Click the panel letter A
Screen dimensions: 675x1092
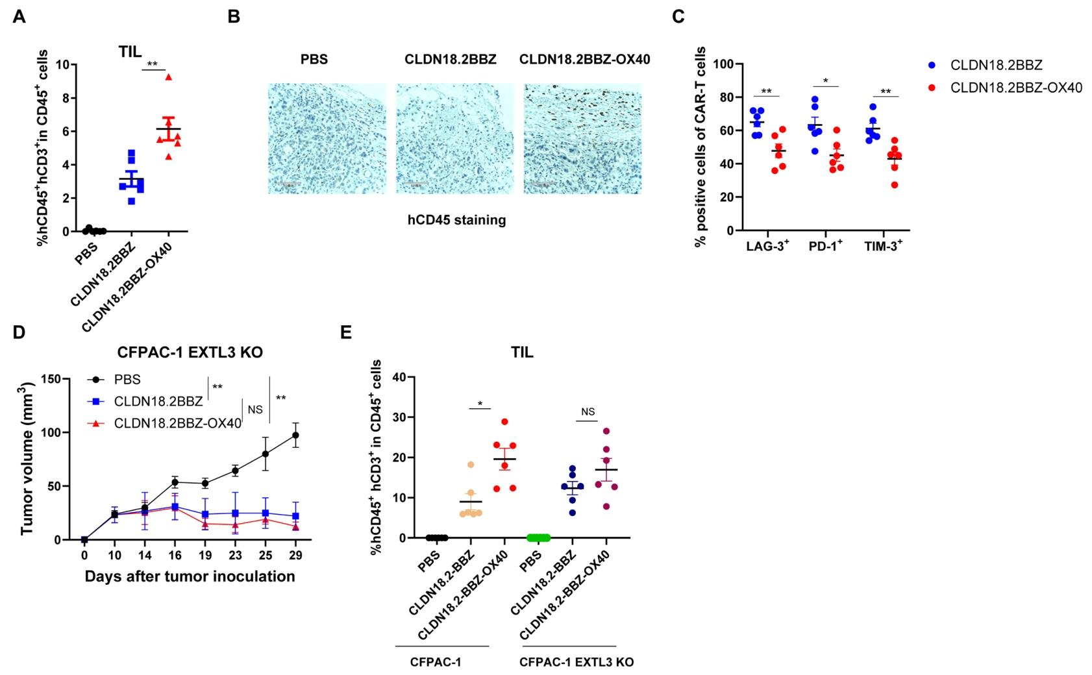[x=19, y=17]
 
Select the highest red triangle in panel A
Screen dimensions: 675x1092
[x=169, y=77]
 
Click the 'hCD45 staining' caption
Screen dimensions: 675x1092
[x=456, y=220]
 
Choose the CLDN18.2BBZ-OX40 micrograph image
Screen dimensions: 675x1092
[x=582, y=138]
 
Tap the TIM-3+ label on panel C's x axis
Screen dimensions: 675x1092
[x=884, y=247]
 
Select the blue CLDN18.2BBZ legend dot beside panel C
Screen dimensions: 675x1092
[x=932, y=65]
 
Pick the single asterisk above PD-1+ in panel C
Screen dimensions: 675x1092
[x=825, y=81]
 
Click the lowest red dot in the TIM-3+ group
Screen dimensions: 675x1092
[x=895, y=185]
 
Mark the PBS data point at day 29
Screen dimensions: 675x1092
[x=296, y=435]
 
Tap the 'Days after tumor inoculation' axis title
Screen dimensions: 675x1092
[x=190, y=576]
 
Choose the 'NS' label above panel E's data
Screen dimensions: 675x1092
[x=588, y=412]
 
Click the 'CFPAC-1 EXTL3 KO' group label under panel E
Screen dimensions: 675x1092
[x=576, y=663]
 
